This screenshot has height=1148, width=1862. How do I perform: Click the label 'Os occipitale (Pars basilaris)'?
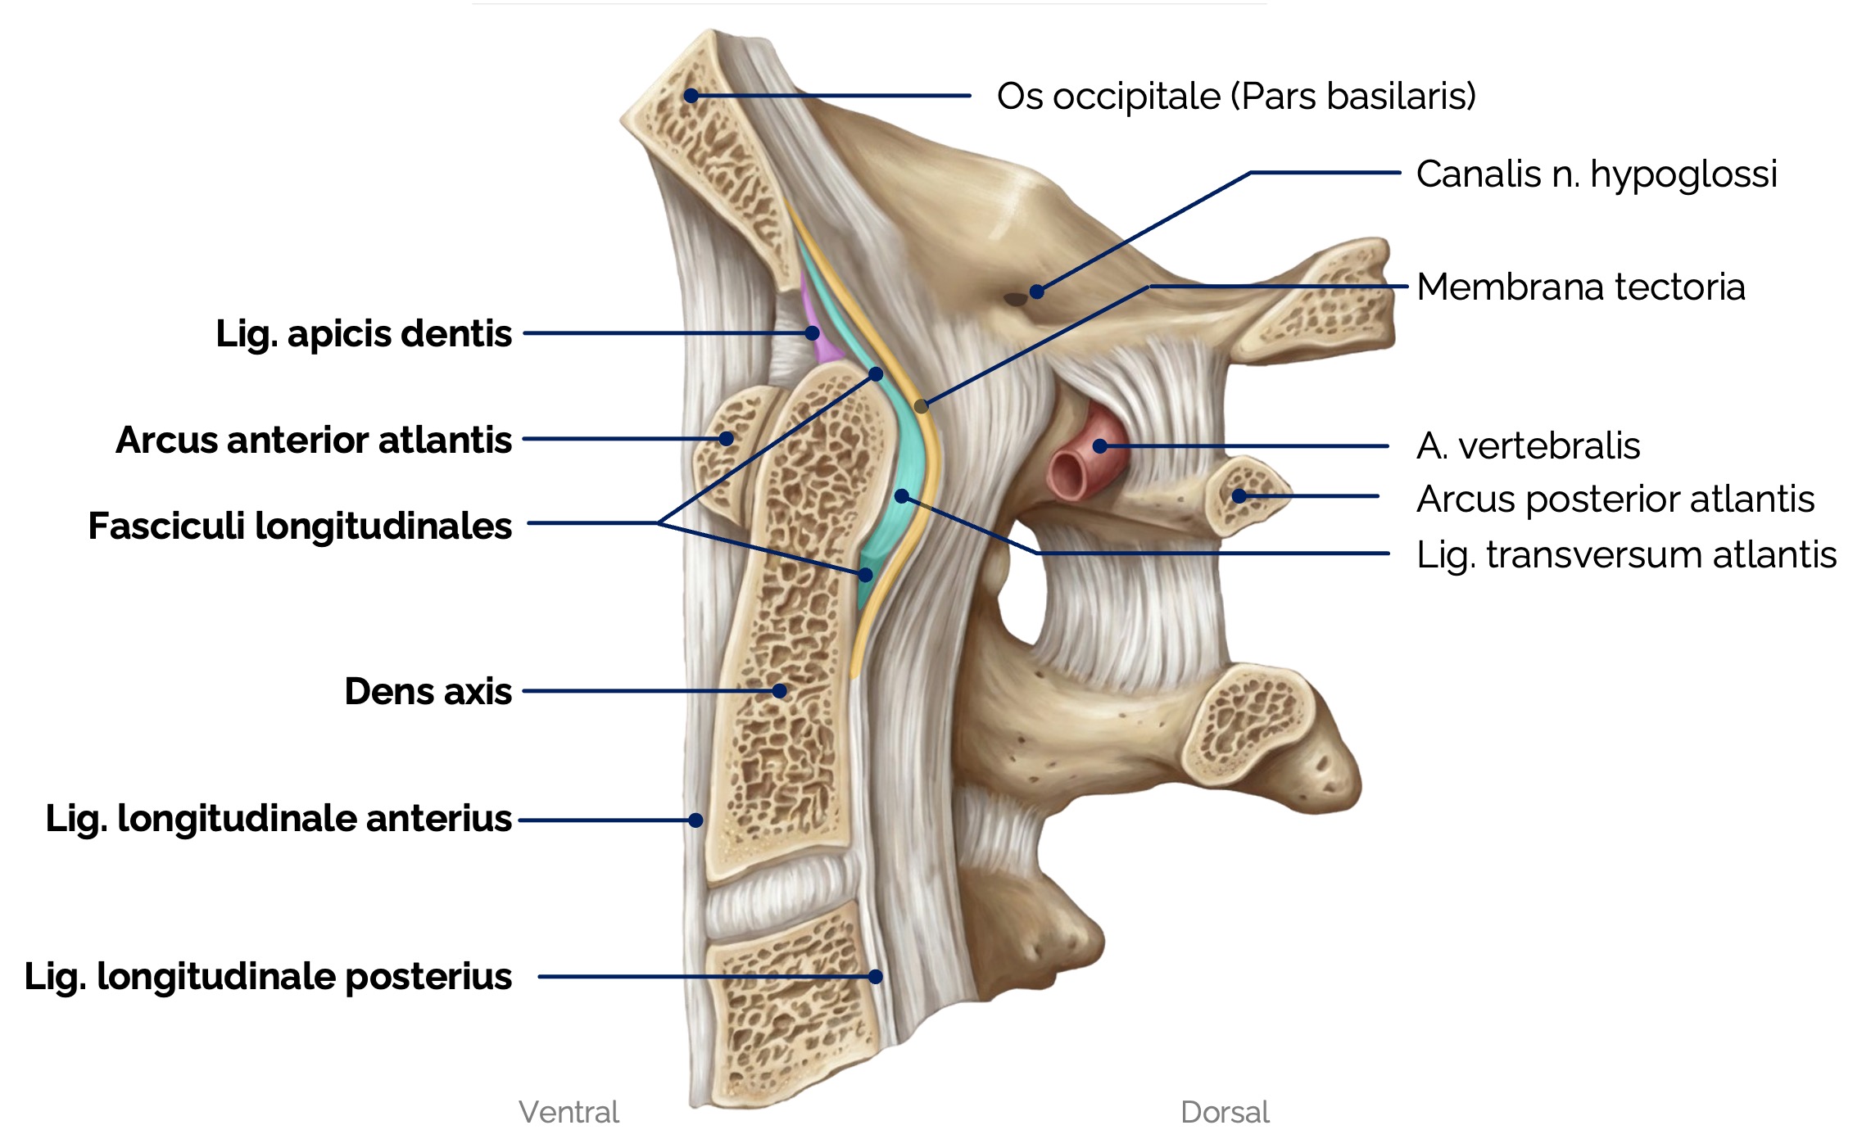[1235, 97]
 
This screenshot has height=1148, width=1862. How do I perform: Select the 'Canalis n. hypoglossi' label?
[1596, 174]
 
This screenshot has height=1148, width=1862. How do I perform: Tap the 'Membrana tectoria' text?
[1580, 287]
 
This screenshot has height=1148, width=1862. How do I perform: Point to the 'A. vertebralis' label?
[1528, 446]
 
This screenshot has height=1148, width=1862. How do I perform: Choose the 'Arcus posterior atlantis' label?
[1615, 499]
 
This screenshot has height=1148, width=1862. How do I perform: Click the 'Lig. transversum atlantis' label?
[1626, 554]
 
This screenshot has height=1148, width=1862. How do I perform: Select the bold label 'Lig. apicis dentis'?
[363, 334]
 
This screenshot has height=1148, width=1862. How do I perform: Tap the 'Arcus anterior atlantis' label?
[313, 440]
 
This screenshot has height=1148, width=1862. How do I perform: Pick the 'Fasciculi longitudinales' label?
[299, 526]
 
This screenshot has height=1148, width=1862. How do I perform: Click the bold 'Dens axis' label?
[428, 692]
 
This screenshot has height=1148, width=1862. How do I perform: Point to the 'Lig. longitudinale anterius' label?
[278, 819]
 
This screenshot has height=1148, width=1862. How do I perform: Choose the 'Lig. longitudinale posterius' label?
[268, 977]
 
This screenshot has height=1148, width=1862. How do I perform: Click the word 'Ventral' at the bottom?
[569, 1112]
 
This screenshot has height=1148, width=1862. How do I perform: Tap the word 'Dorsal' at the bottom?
[1224, 1112]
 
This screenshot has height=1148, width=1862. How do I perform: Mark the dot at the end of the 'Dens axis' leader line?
[780, 691]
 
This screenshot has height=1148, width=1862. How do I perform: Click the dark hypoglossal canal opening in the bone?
[1016, 299]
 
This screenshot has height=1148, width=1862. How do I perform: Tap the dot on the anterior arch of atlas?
[726, 439]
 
